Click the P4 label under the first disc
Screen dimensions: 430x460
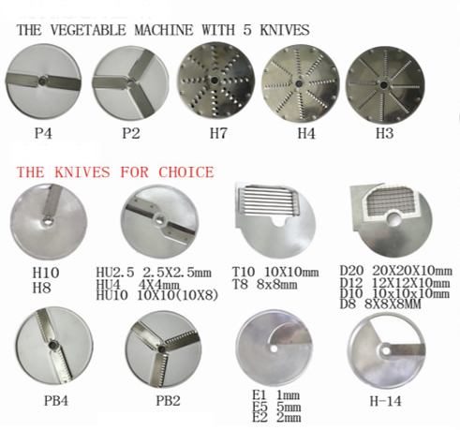point(42,132)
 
